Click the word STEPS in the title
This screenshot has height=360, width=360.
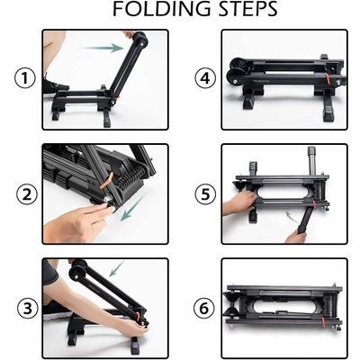coord(248,9)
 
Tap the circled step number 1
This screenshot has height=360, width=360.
coord(25,78)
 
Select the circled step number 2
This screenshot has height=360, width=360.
coord(27,194)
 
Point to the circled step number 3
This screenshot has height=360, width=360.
coord(28,308)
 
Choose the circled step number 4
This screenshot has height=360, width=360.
coord(205,78)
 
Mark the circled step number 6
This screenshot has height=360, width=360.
coord(204,308)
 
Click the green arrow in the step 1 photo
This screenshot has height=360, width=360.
coord(103,48)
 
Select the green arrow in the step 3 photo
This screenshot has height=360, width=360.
coord(117,268)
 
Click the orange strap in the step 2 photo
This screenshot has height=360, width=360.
coord(106,180)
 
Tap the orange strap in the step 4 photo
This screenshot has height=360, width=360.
coord(328,77)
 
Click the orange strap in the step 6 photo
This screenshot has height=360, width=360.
coord(324,321)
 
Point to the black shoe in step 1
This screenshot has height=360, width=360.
coord(55,86)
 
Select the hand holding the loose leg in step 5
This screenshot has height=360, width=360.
coord(295,237)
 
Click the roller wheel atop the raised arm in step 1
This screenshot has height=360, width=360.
coord(140,39)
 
